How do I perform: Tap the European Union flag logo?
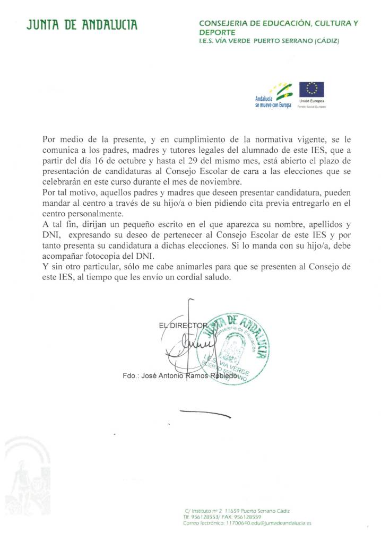(x=311, y=89)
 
